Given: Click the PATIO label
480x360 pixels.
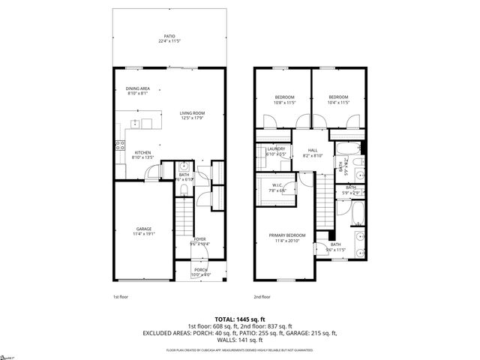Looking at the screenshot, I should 169,39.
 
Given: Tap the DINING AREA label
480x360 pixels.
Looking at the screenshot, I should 138,91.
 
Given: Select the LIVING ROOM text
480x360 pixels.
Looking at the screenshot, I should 192,115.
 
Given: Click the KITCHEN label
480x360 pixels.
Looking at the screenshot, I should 142,154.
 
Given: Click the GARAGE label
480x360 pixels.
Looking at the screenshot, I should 143,231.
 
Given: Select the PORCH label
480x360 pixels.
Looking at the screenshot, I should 200,271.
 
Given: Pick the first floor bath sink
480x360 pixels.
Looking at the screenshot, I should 184,167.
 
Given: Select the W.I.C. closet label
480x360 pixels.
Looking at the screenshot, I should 277,188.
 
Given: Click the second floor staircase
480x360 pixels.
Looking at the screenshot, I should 322,201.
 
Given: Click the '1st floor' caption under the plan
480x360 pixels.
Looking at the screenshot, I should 120,297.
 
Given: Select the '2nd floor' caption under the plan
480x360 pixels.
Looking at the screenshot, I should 261,297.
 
